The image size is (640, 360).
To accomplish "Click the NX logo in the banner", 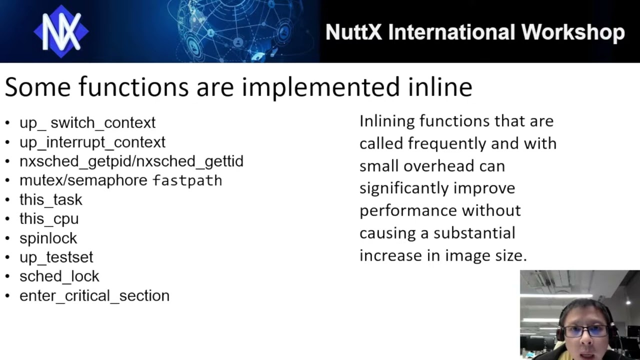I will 61,31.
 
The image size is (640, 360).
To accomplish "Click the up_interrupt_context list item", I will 92,142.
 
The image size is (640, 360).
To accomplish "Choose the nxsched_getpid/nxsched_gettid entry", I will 131,161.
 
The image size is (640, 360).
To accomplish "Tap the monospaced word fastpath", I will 187,180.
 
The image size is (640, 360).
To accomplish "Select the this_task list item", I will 50,199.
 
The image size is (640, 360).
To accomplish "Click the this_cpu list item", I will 49,219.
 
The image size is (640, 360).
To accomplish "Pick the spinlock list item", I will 48,238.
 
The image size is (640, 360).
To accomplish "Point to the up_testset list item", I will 56,257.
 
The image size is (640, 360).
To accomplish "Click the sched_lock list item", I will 59,276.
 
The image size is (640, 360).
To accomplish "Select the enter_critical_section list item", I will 94,295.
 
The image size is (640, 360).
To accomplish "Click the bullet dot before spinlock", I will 7,238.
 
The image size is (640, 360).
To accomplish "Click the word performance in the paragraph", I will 408,210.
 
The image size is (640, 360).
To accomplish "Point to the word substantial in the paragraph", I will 474,233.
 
